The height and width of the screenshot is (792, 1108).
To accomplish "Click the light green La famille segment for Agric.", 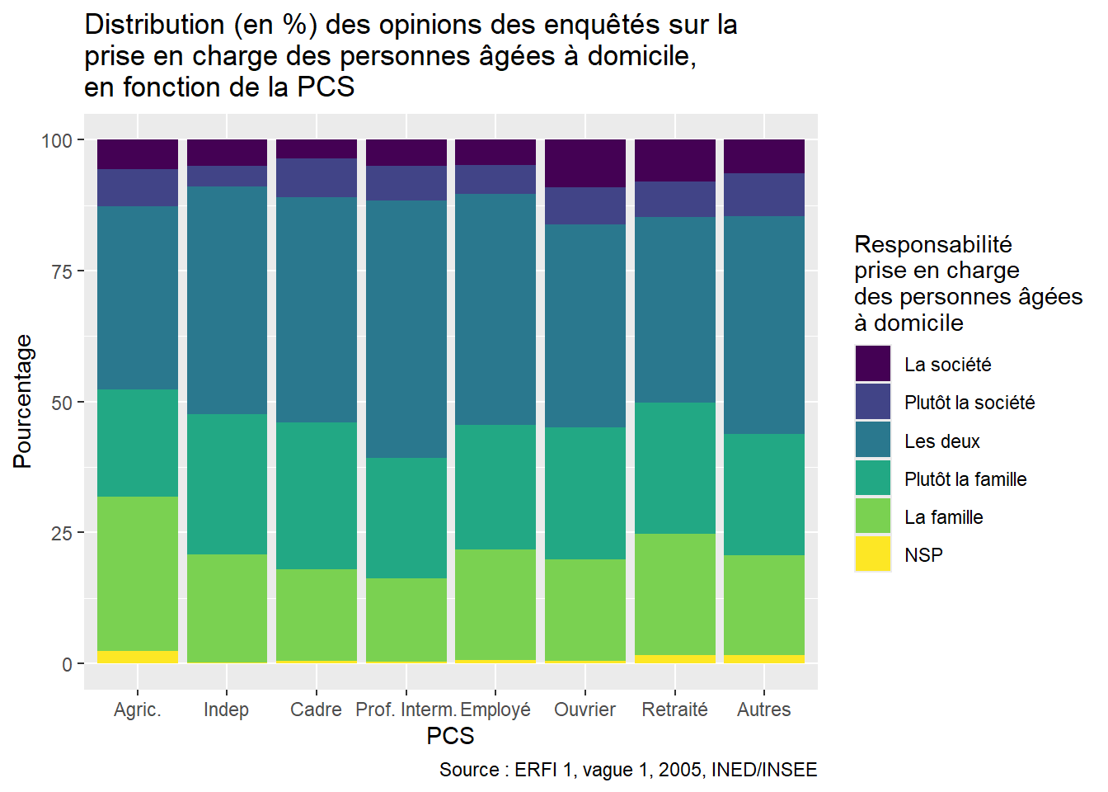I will [x=138, y=573].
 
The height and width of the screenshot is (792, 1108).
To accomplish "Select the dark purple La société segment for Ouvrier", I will [x=585, y=163].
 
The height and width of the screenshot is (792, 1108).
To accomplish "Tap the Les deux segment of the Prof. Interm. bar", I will [x=406, y=329].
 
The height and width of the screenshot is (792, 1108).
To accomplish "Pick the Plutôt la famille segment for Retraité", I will [x=675, y=468].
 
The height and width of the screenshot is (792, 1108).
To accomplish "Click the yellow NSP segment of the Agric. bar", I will [x=138, y=657].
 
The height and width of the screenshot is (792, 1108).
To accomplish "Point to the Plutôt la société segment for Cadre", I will [x=317, y=177].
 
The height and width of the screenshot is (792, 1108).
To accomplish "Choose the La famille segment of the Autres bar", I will [x=764, y=605].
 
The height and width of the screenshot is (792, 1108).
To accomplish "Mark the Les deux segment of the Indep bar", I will [x=227, y=300].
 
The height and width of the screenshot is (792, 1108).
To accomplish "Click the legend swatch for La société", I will [x=873, y=364].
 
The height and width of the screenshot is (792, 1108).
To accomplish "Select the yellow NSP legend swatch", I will [x=873, y=554].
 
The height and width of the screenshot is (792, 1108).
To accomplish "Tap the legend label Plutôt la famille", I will [x=965, y=479].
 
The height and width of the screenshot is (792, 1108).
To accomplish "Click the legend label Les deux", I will [x=941, y=441].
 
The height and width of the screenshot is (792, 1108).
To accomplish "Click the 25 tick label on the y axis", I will [x=62, y=533].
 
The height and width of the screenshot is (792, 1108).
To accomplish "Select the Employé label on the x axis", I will [x=495, y=709].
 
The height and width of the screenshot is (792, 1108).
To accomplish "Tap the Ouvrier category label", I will [x=585, y=709].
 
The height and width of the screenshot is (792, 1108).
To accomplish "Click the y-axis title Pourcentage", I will [x=23, y=402].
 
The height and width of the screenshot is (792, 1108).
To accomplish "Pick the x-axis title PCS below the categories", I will [x=450, y=736].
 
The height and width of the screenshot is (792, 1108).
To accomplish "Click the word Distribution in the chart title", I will [x=154, y=25].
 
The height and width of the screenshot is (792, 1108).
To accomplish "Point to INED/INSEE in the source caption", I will [x=764, y=770].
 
